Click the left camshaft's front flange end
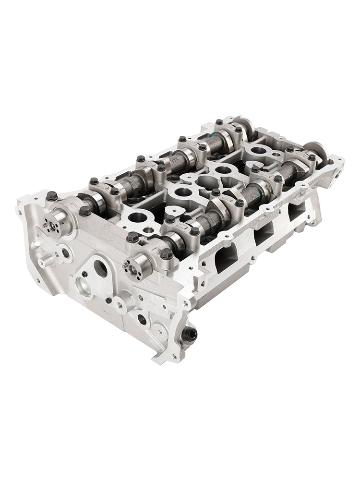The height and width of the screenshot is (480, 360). [x=53, y=222]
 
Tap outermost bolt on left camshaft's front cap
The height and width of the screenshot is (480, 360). [x=52, y=196]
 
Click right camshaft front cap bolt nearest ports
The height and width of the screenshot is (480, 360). [x=167, y=254]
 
